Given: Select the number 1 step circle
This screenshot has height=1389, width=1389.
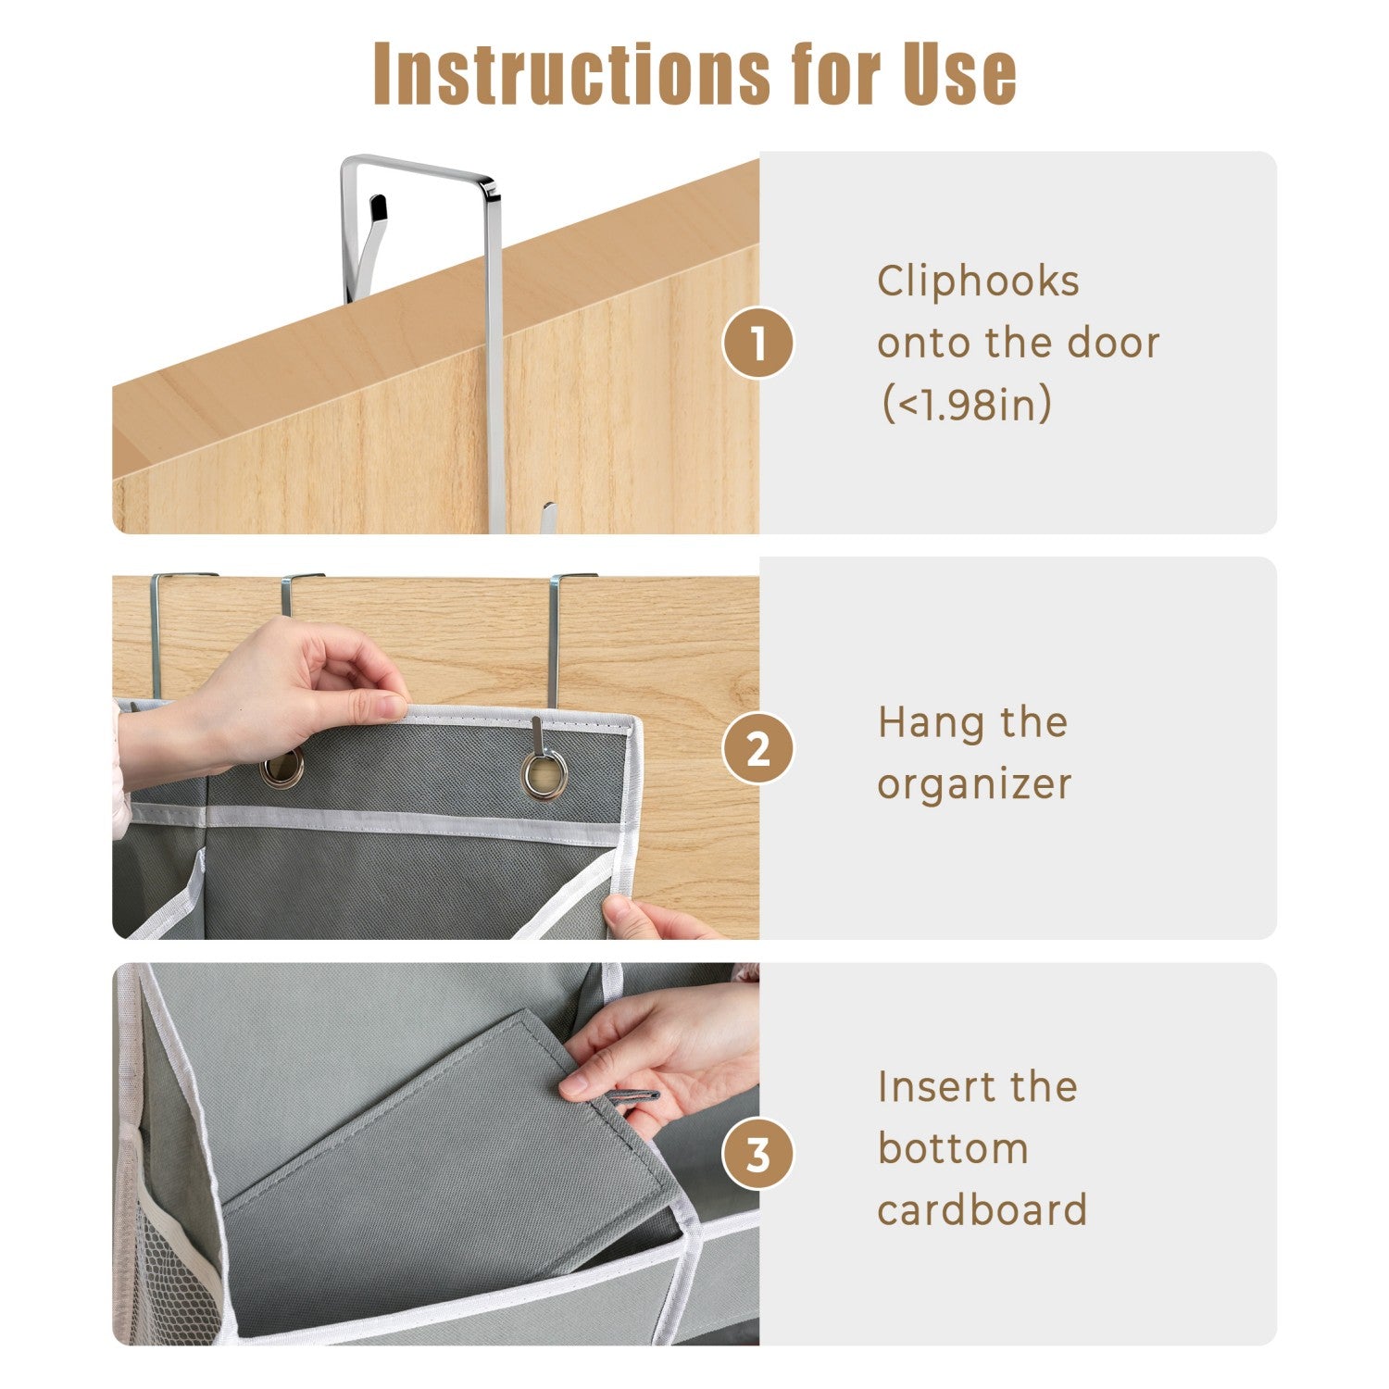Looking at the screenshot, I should coord(758,344).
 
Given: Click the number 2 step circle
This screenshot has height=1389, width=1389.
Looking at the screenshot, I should coord(758,748).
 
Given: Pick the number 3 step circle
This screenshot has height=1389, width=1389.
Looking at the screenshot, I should coord(758,1155).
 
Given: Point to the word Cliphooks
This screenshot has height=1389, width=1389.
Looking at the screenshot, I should coord(978,282).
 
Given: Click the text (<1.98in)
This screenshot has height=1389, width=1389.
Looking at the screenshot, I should coord(965,405).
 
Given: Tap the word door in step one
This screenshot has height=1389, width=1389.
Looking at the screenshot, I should coord(1113,343).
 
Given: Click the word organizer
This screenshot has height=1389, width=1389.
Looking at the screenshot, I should coord(974,784).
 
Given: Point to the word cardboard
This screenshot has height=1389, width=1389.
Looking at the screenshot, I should coord(982,1210).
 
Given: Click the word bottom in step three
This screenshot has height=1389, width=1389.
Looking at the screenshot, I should coord(953,1149).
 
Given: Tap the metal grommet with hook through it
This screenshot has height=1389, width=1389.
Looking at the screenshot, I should coord(544,772).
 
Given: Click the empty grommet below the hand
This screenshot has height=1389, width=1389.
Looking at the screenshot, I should coord(282,768).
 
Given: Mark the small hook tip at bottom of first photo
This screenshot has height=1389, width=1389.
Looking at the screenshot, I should coord(548,515).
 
